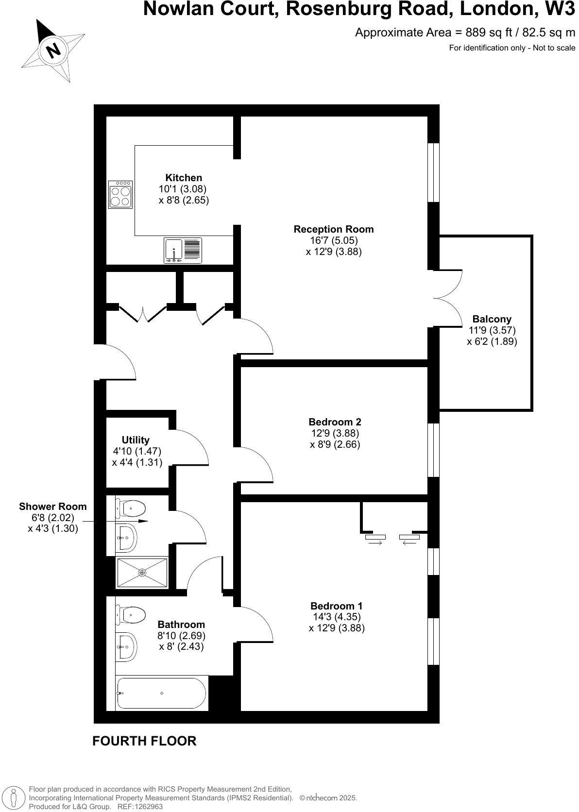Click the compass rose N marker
(53, 50)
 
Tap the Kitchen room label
(184, 178)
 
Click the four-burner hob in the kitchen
(120, 195)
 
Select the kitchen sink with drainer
(183, 251)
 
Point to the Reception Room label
(334, 229)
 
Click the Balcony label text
(492, 319)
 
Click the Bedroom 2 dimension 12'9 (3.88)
(335, 433)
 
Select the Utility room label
(136, 440)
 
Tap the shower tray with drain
(142, 573)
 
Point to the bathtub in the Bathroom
(161, 694)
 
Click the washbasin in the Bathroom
(127, 646)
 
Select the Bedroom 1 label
(336, 606)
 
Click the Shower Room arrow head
(144, 521)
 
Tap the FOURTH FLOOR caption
(144, 741)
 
